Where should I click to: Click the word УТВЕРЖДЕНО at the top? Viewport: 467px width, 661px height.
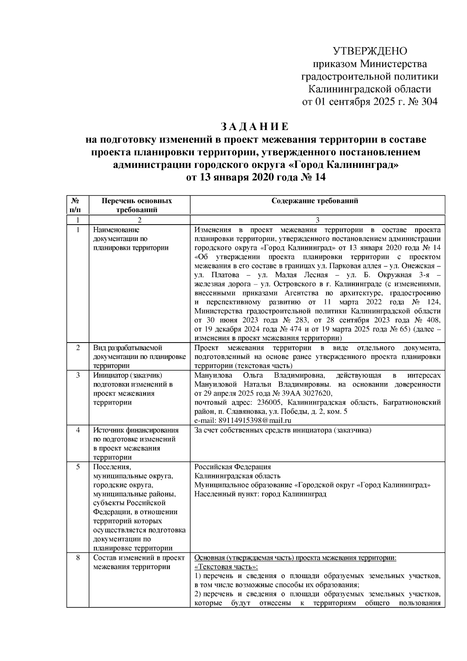(370, 51)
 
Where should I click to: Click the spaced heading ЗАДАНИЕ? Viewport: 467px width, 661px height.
(255, 127)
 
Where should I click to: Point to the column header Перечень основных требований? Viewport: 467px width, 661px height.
(137, 205)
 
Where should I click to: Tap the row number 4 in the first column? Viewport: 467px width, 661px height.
(78, 430)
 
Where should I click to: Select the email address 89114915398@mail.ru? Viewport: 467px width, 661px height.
(242, 420)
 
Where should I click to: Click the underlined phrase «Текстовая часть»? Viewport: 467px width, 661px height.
(226, 567)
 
